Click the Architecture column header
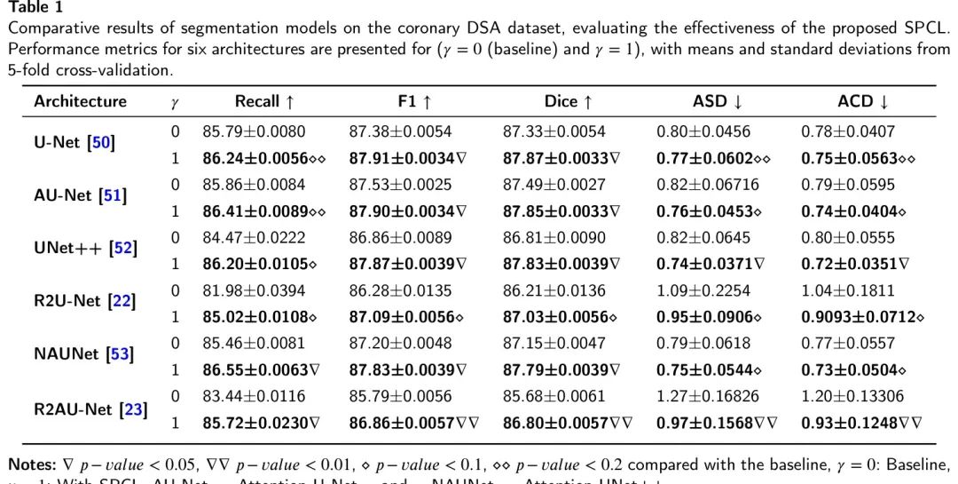(x=81, y=101)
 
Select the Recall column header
(x=258, y=101)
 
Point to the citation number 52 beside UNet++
(x=122, y=248)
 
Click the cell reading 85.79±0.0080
(x=254, y=132)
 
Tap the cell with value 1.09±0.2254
(x=703, y=290)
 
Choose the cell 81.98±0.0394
(x=254, y=290)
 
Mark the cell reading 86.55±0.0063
(x=256, y=369)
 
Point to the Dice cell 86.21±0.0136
(x=554, y=290)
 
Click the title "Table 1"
(x=33, y=7)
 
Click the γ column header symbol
(x=175, y=102)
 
